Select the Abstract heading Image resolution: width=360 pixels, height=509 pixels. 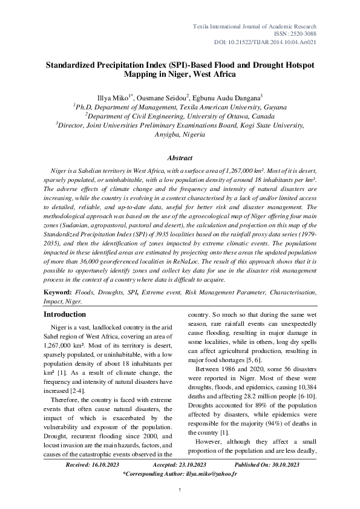pyautogui.click(x=180, y=157)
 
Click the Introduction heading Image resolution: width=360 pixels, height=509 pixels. pyautogui.click(x=65, y=314)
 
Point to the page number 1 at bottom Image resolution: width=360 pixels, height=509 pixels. pyautogui.click(x=180, y=497)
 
